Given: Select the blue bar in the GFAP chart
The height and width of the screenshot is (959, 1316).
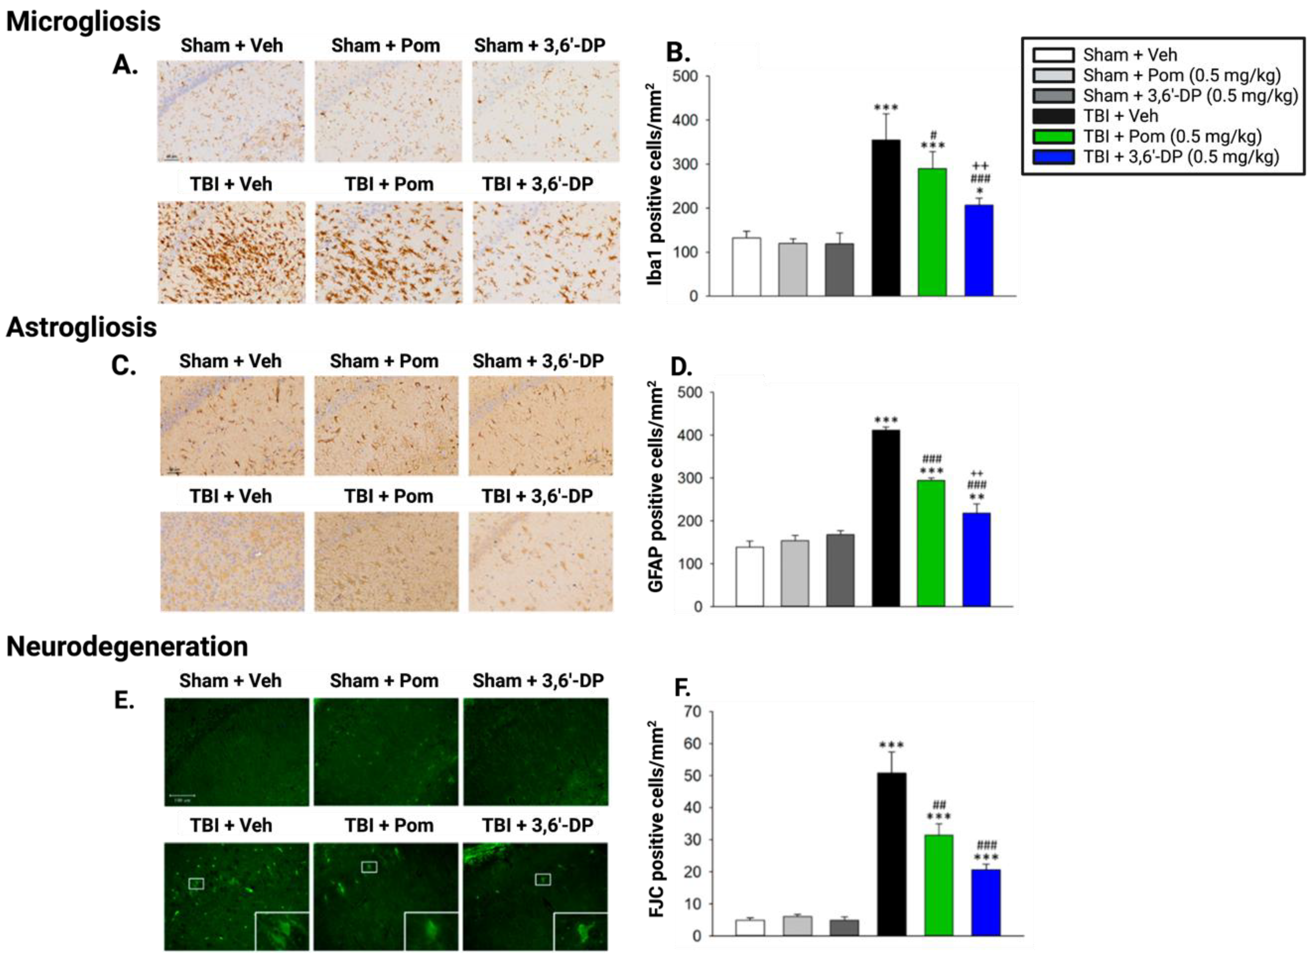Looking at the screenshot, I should (x=976, y=560).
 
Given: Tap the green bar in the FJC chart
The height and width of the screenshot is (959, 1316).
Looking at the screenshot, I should (x=938, y=885).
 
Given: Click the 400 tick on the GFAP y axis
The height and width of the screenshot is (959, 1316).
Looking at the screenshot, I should (x=690, y=435).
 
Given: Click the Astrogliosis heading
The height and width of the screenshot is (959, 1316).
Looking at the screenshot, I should (x=81, y=327).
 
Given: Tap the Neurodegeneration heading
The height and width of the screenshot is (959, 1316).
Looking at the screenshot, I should (x=127, y=647).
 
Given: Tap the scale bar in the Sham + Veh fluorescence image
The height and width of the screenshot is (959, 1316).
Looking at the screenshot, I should (x=182, y=795).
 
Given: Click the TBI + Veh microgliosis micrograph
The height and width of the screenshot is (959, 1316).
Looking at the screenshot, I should (x=231, y=252).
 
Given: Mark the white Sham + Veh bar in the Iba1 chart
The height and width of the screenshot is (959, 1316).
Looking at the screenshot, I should (x=746, y=267).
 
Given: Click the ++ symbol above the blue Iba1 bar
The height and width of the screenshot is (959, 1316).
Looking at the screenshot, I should (x=980, y=167).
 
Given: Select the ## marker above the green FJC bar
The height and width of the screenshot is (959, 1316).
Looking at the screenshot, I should (x=939, y=804).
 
